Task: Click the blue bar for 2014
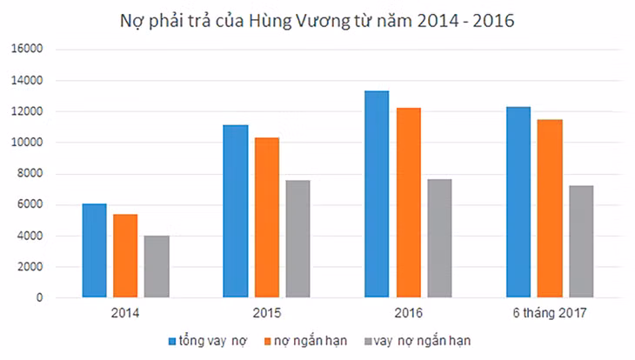pyautogui.click(x=94, y=250)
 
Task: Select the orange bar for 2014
pyautogui.click(x=125, y=256)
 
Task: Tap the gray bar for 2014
pyautogui.click(x=157, y=267)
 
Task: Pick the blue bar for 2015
pyautogui.click(x=236, y=211)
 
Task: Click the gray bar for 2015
pyautogui.click(x=298, y=239)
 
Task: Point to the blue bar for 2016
pyautogui.click(x=377, y=195)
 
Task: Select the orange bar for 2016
pyautogui.click(x=409, y=203)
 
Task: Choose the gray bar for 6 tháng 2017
pyautogui.click(x=581, y=242)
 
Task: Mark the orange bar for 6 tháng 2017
pyautogui.click(x=550, y=209)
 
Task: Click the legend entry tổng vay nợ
pyautogui.click(x=208, y=341)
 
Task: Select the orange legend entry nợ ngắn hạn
pyautogui.click(x=305, y=341)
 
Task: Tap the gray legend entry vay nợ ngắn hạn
pyautogui.click(x=418, y=341)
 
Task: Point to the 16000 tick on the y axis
pyautogui.click(x=27, y=49)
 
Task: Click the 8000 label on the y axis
pyautogui.click(x=30, y=173)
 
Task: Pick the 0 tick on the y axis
pyautogui.click(x=39, y=297)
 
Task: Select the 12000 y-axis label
pyautogui.click(x=27, y=111)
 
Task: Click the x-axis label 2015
pyautogui.click(x=267, y=313)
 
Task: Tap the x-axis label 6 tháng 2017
pyautogui.click(x=550, y=313)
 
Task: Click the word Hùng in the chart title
pyautogui.click(x=270, y=21)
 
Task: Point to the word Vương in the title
pyautogui.click(x=323, y=21)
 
